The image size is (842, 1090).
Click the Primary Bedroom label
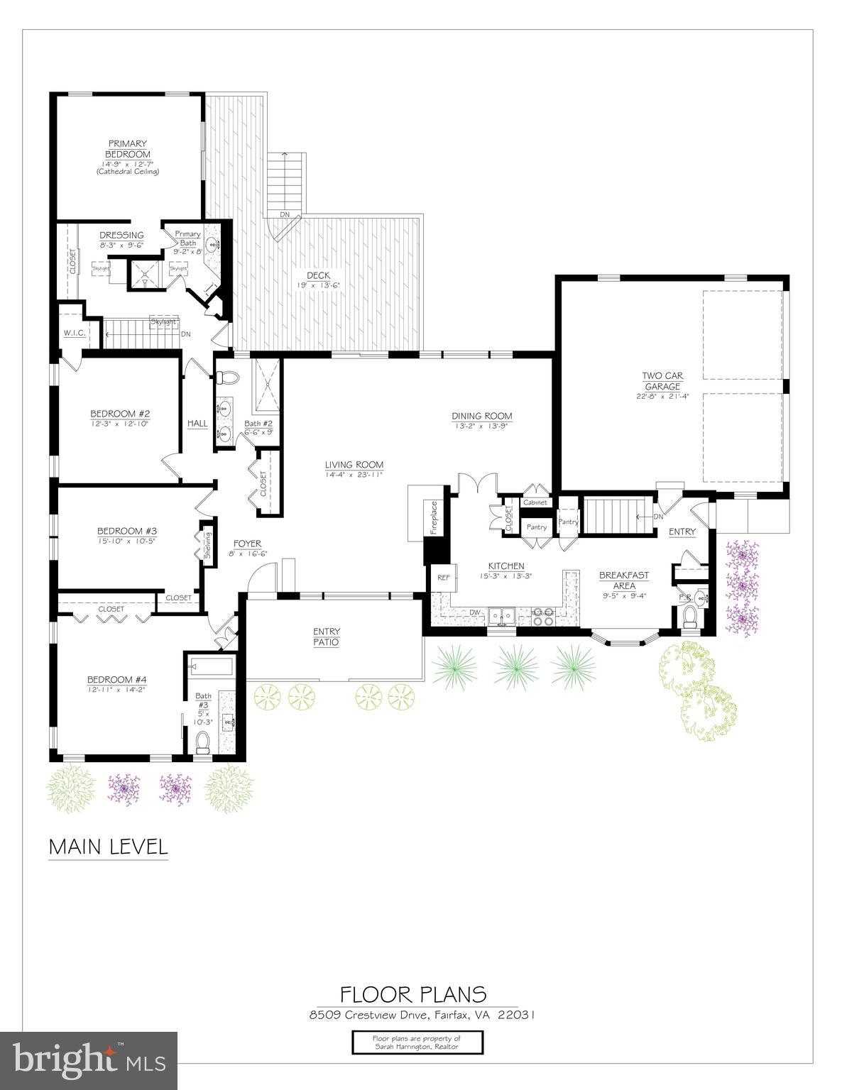coord(128,149)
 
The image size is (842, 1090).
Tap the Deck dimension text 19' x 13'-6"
coord(318,285)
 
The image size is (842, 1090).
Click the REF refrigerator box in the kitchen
coord(443,578)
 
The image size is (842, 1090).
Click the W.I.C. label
coord(74,333)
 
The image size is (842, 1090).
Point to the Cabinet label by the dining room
coord(535,502)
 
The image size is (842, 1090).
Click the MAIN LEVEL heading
coord(108,847)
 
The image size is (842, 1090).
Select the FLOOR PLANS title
coord(412,993)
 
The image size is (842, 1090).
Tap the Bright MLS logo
coord(89,1060)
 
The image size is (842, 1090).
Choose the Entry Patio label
coord(327,637)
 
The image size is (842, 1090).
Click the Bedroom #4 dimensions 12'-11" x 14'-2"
coord(116,689)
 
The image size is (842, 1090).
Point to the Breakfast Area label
coord(624,580)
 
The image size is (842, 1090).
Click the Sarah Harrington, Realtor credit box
coord(417,1042)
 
